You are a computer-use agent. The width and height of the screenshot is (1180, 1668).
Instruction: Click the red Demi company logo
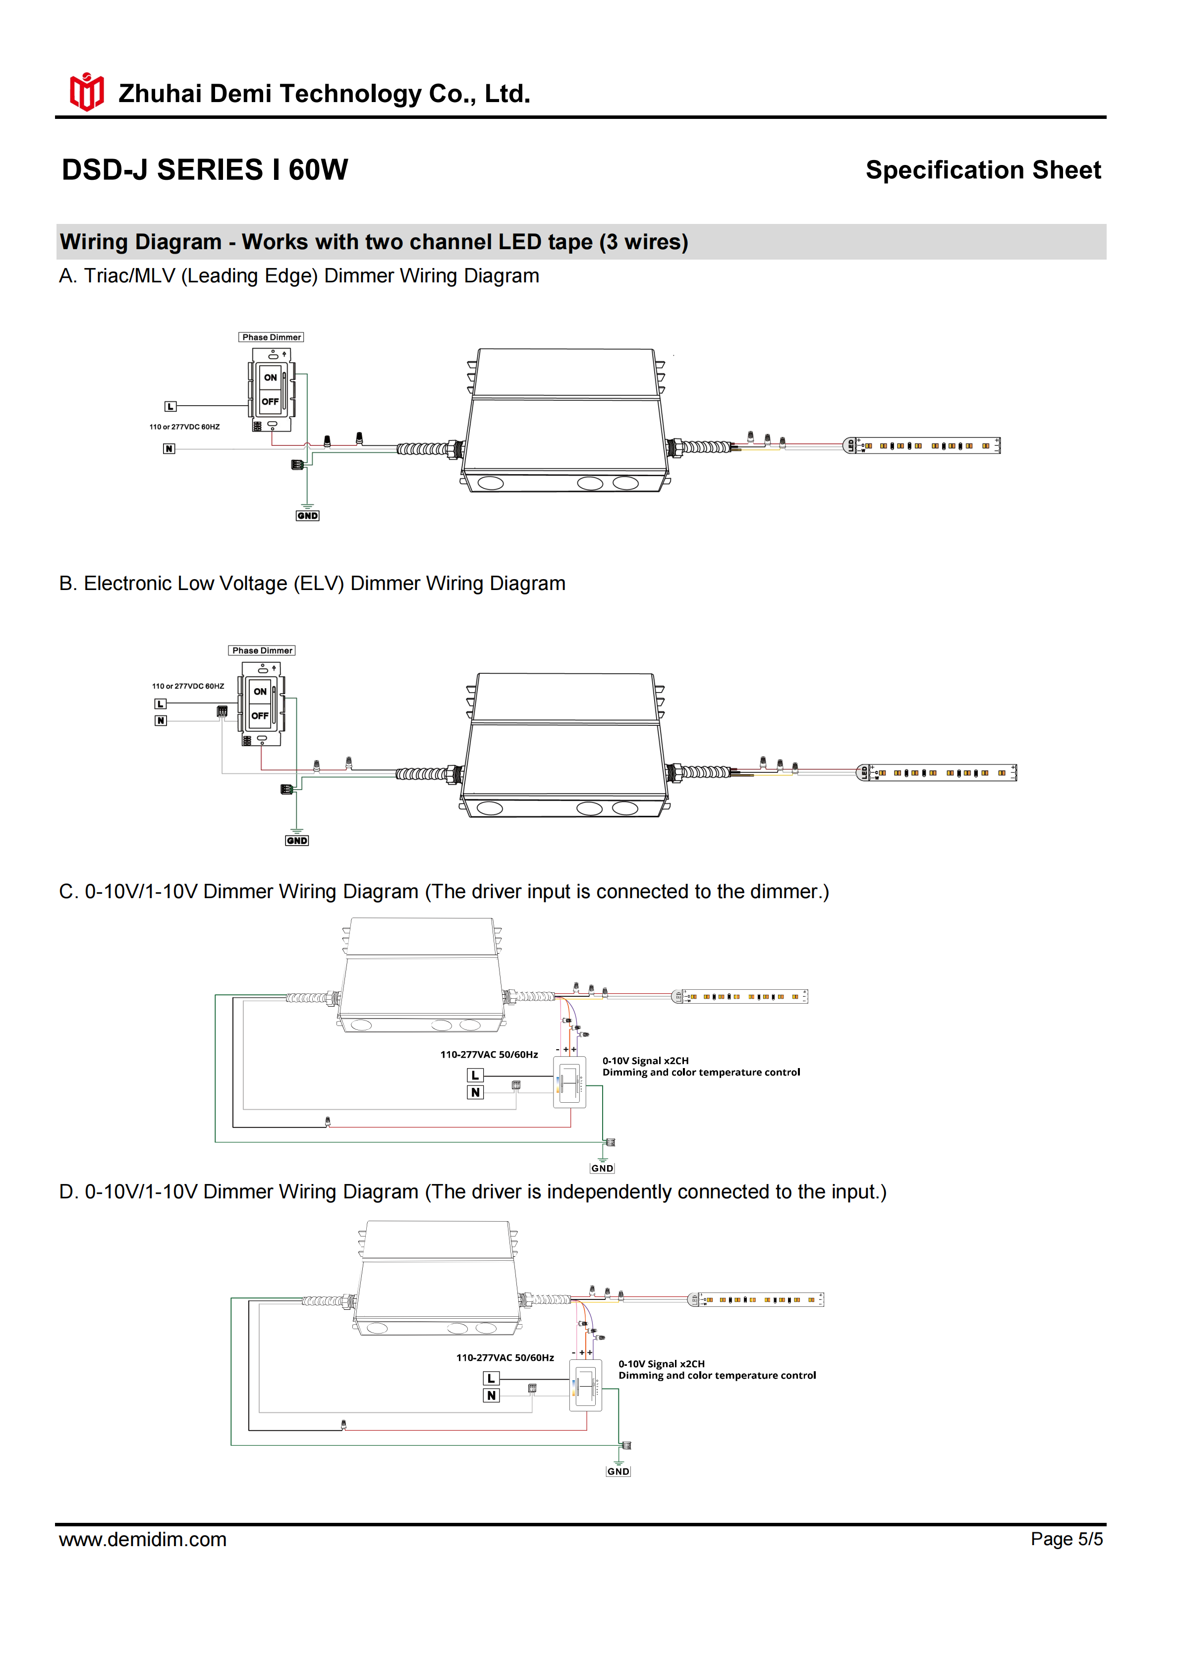[x=86, y=92]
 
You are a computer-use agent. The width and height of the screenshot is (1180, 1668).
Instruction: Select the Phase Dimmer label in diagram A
[x=271, y=337]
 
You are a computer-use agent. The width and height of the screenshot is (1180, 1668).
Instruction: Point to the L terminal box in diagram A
[x=170, y=407]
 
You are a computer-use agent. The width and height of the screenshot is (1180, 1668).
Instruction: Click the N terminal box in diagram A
[x=169, y=449]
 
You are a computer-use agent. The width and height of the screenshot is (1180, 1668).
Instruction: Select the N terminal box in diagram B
[x=161, y=721]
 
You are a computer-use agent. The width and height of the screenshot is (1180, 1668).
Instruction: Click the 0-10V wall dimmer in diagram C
[x=569, y=1082]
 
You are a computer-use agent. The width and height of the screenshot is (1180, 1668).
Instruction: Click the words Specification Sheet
[x=983, y=170]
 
